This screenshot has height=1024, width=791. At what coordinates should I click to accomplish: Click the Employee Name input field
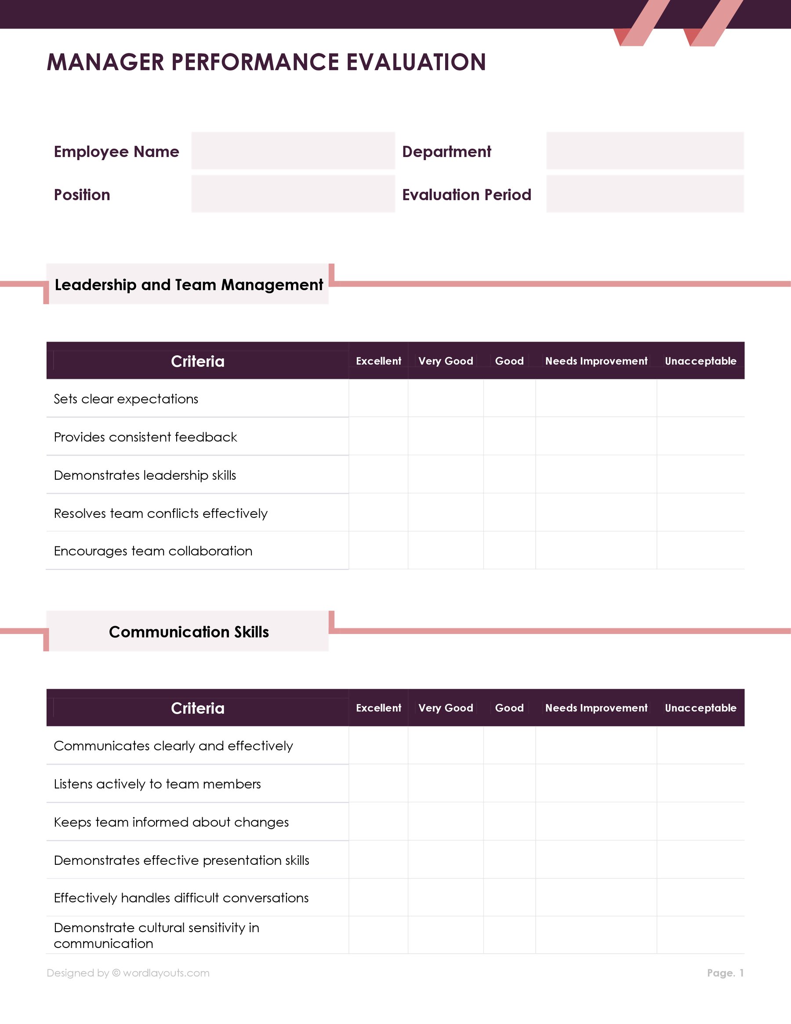(293, 150)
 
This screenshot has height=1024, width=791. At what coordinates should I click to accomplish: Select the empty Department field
(645, 150)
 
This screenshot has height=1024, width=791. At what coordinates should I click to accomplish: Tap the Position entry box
(293, 193)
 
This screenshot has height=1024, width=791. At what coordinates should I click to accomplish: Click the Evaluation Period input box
(645, 193)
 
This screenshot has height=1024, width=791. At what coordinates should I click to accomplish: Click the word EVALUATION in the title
(416, 62)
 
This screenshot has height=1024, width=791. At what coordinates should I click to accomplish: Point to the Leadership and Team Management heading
(189, 284)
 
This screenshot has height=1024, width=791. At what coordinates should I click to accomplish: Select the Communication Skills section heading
(189, 631)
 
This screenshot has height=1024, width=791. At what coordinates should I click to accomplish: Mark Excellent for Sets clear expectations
(378, 398)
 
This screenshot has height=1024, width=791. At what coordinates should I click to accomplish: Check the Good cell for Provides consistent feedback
(509, 436)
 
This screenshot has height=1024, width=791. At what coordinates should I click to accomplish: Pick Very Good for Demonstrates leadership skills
(445, 474)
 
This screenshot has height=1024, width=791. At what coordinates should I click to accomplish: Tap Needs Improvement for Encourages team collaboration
(595, 550)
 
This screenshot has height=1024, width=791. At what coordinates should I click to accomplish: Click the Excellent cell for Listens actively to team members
(378, 783)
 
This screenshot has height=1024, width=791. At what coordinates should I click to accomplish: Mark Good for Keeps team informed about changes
(509, 821)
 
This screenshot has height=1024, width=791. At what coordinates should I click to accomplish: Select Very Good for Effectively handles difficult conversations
(445, 897)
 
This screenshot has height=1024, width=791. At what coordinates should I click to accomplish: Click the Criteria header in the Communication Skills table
(197, 707)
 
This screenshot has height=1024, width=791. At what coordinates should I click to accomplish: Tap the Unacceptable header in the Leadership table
(700, 361)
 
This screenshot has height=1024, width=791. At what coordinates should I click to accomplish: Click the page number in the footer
(725, 973)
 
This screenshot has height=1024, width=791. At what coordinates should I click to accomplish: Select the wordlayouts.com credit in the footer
(128, 973)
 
